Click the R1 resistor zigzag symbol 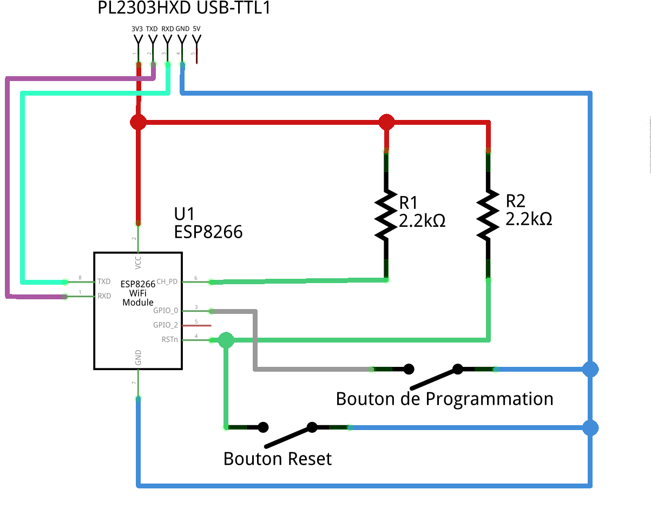coord(386,214)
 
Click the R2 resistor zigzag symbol coord(488,214)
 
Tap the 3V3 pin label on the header coord(137,29)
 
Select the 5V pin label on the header coord(196,29)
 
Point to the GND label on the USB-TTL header coord(182,29)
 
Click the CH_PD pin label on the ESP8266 coord(167,281)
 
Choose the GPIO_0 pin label coord(166,311)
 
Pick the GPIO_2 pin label coord(166,325)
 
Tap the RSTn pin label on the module coord(169,340)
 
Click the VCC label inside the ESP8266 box coord(139,263)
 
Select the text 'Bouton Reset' coord(277,459)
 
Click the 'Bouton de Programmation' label coord(444,399)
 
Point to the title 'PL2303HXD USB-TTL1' coord(184,8)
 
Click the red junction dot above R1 coord(386,122)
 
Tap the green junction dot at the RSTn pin coord(226,340)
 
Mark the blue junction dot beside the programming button coord(590,370)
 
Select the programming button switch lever coord(434,378)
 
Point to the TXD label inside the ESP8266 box coord(104,281)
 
